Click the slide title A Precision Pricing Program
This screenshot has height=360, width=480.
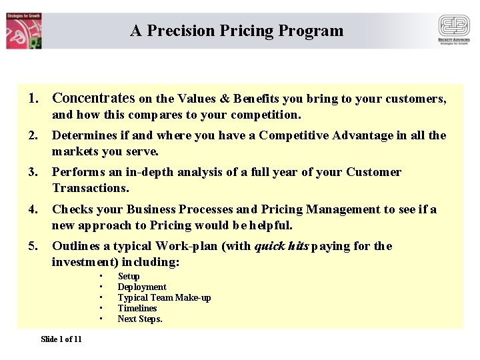[x=237, y=31]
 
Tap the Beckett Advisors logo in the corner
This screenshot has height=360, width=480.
[x=453, y=30]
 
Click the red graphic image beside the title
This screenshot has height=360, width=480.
[x=24, y=31]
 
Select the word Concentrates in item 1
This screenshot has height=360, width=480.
[x=93, y=99]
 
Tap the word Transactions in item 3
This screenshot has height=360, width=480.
[x=91, y=188]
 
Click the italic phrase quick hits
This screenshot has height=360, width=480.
[x=281, y=246]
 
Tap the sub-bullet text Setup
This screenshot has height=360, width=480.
[x=129, y=276]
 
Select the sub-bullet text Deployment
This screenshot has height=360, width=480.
[x=142, y=287]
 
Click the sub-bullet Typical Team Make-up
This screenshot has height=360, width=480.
[x=164, y=297]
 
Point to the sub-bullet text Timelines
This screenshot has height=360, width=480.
[x=137, y=308]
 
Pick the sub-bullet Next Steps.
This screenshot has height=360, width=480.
[x=140, y=319]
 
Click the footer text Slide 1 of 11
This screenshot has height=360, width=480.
[x=61, y=339]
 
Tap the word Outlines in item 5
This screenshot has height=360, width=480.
[x=75, y=246]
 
